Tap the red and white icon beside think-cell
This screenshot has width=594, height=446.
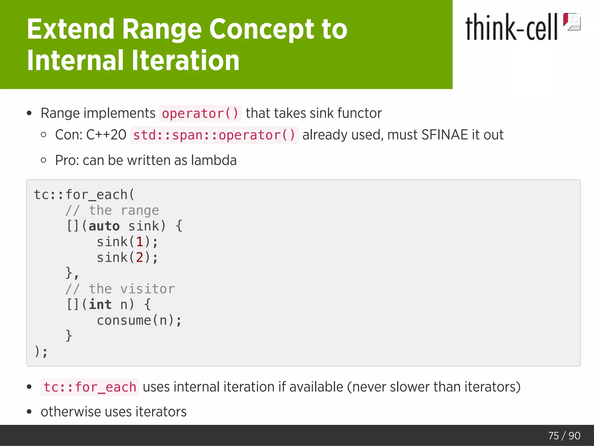pyautogui.click(x=571, y=22)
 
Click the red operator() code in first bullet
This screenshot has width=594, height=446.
pyautogui.click(x=200, y=114)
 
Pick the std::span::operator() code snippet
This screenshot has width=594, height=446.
pyautogui.click(x=214, y=135)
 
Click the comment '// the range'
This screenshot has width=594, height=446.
pyautogui.click(x=112, y=210)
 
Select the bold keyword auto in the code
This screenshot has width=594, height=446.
pyautogui.click(x=104, y=226)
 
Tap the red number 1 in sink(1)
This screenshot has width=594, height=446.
pyautogui.click(x=140, y=242)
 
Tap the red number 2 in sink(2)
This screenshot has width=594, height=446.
pyautogui.click(x=140, y=258)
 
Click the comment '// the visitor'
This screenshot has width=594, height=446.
pyautogui.click(x=120, y=289)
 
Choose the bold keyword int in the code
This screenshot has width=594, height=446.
pyautogui.click(x=100, y=305)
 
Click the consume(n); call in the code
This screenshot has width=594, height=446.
pyautogui.click(x=139, y=321)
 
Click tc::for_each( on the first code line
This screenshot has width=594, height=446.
pyautogui.click(x=84, y=195)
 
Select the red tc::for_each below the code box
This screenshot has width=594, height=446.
pyautogui.click(x=90, y=387)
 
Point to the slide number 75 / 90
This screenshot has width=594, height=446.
pyautogui.click(x=564, y=436)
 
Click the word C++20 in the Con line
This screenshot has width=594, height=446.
pyautogui.click(x=106, y=135)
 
